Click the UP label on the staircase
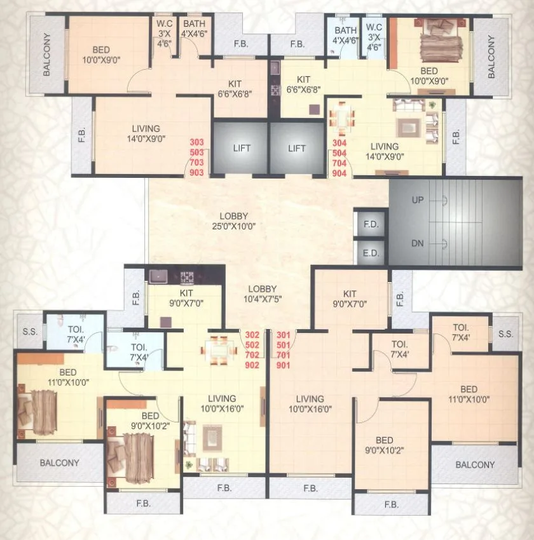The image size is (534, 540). coord(418,200)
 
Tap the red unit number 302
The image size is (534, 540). coord(253,335)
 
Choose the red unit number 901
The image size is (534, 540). coord(283,365)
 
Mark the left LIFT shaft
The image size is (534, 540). coord(241,148)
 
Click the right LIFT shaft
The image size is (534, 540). coord(297,148)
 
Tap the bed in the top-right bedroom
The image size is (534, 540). coord(437,39)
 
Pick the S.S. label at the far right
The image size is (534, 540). coord(505,334)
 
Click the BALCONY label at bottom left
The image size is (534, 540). coord(60,463)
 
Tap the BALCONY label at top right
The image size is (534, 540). coord(491,56)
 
